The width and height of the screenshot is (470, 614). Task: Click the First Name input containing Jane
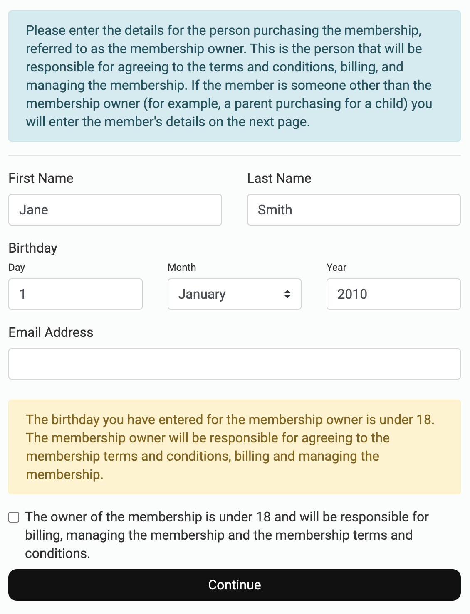(115, 210)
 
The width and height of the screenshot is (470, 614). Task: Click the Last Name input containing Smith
(354, 210)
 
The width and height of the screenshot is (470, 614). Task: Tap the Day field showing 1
(75, 294)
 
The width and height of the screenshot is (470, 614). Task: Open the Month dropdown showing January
(234, 294)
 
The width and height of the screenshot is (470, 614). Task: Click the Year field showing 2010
(393, 294)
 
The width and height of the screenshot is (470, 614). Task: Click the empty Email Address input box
(234, 364)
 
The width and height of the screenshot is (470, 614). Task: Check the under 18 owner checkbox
(14, 517)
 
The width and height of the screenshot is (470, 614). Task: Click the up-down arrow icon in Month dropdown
(287, 294)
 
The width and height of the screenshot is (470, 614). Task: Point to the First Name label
(41, 178)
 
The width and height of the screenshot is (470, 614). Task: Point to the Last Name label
(279, 178)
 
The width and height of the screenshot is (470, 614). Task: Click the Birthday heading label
(33, 248)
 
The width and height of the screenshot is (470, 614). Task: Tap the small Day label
(17, 268)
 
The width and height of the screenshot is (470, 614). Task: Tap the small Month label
(182, 268)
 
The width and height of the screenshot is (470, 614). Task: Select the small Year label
(336, 268)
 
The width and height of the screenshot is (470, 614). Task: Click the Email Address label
(51, 332)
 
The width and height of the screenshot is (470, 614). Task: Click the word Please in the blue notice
(46, 30)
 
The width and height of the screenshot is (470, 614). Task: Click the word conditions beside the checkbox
(57, 553)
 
